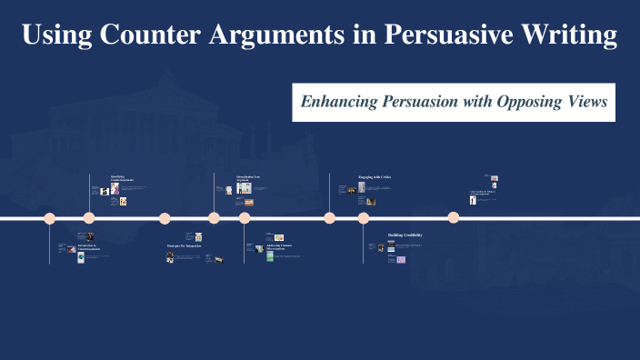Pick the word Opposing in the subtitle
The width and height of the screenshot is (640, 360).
click(x=528, y=103)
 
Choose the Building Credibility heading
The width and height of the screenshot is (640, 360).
click(x=405, y=235)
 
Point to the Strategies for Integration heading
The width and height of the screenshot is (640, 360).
click(x=184, y=245)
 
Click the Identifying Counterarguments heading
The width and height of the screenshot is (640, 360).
click(x=122, y=178)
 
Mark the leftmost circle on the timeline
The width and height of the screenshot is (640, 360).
click(x=50, y=218)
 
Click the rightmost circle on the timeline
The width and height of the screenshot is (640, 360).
click(x=453, y=218)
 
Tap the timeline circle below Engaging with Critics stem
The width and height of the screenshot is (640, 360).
click(x=330, y=218)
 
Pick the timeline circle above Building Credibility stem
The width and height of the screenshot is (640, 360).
click(x=364, y=218)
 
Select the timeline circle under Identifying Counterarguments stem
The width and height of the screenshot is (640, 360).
click(x=89, y=218)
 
